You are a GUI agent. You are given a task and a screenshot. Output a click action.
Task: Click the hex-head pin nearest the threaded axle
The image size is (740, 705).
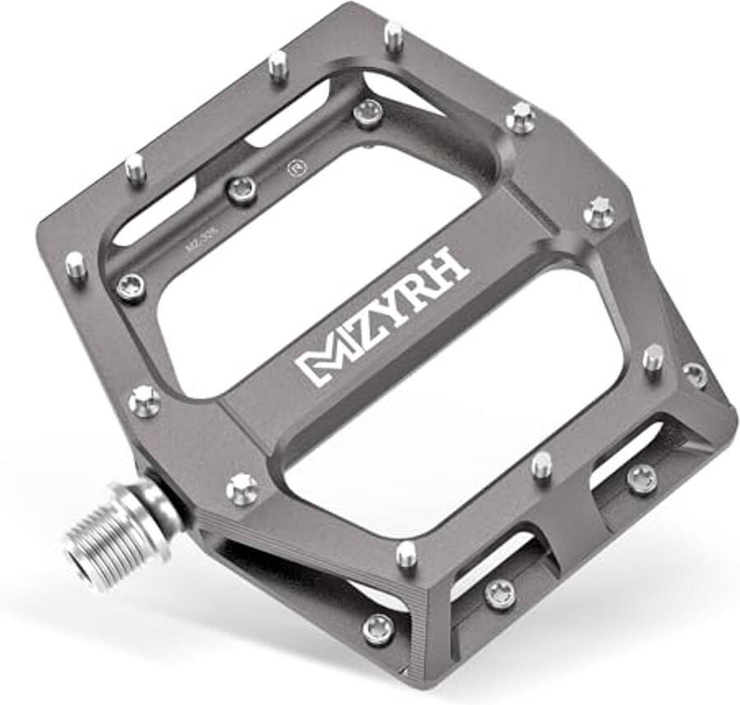pyautogui.click(x=242, y=487)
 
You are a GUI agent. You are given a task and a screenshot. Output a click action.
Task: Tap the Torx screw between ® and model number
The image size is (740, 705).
pyautogui.click(x=242, y=190)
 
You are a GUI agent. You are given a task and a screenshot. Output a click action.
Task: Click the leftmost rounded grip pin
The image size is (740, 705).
pyautogui.click(x=76, y=265)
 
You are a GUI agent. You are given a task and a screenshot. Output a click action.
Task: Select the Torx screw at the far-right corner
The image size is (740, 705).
pyautogui.click(x=695, y=374)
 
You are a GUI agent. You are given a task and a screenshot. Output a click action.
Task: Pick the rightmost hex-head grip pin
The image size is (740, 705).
pyautogui.click(x=600, y=211)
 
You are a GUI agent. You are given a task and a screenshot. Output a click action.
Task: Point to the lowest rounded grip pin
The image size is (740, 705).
pyautogui.click(x=405, y=554)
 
